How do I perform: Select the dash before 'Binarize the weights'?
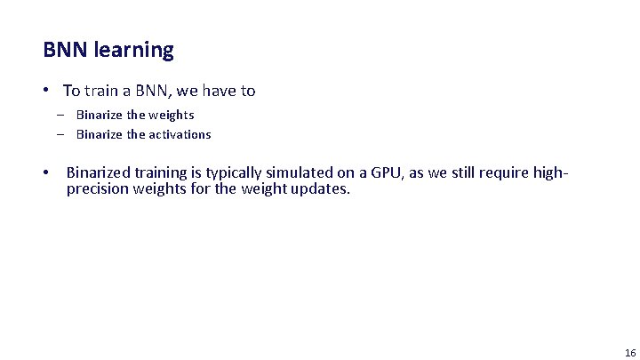[61, 115]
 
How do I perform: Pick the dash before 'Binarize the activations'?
[61, 134]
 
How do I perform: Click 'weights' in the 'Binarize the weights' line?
[172, 115]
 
